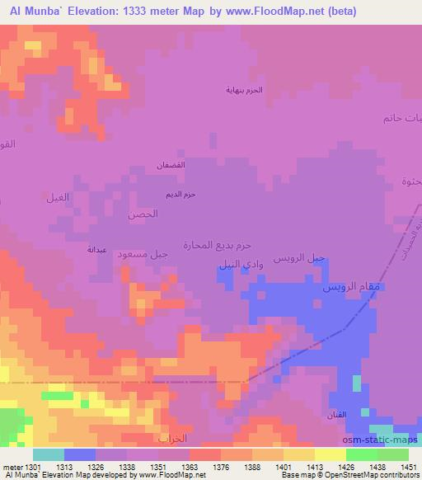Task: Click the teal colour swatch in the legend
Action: pos(49,454)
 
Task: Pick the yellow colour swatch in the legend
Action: pos(331,454)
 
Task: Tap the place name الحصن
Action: pos(142,214)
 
